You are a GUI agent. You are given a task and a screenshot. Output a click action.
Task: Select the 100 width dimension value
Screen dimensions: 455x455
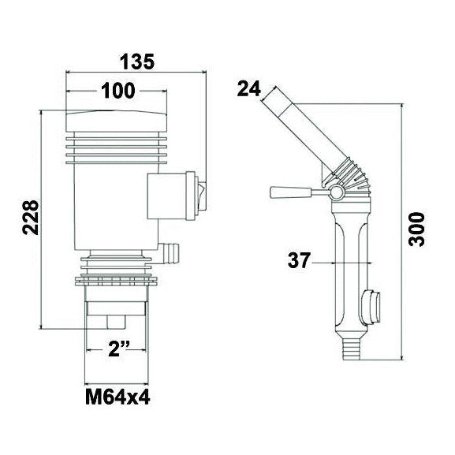[x=117, y=91]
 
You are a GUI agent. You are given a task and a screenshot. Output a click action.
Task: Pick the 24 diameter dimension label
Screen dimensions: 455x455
[x=249, y=89]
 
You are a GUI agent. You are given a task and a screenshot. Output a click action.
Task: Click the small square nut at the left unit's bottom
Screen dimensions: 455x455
[x=115, y=323]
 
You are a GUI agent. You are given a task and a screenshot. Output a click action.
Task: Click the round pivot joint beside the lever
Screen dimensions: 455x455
[x=335, y=193]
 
